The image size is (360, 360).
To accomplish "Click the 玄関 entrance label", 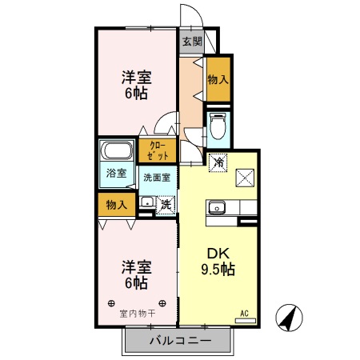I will pyautogui.click(x=190, y=42).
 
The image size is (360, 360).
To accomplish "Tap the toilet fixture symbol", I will pyautogui.click(x=218, y=126).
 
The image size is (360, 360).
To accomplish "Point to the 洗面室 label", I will pyautogui.click(x=156, y=178).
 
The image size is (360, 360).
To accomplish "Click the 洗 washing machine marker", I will pyautogui.click(x=165, y=204).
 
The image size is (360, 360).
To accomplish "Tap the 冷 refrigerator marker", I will pyautogui.click(x=218, y=162).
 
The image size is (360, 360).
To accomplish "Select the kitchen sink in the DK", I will pyautogui.click(x=218, y=208).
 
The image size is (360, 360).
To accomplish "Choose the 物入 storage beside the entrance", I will pyautogui.click(x=218, y=79).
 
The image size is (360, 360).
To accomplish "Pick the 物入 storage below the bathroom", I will pyautogui.click(x=116, y=205).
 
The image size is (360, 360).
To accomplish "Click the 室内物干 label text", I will pyautogui.click(x=136, y=313).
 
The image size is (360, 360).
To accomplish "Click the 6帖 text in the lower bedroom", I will pyautogui.click(x=136, y=282).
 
